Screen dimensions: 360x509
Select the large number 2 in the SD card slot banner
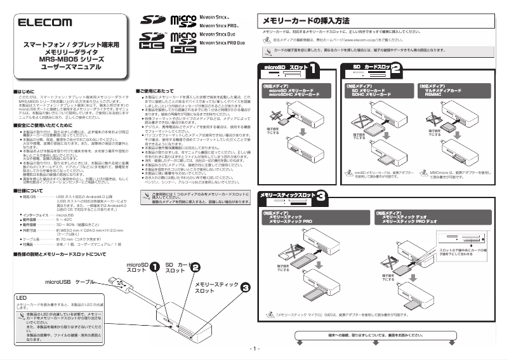(x=395, y=68)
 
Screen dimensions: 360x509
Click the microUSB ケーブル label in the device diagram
(x=69, y=281)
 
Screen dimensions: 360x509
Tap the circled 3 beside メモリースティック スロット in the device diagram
(x=245, y=288)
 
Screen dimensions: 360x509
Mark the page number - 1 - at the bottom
(x=255, y=349)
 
